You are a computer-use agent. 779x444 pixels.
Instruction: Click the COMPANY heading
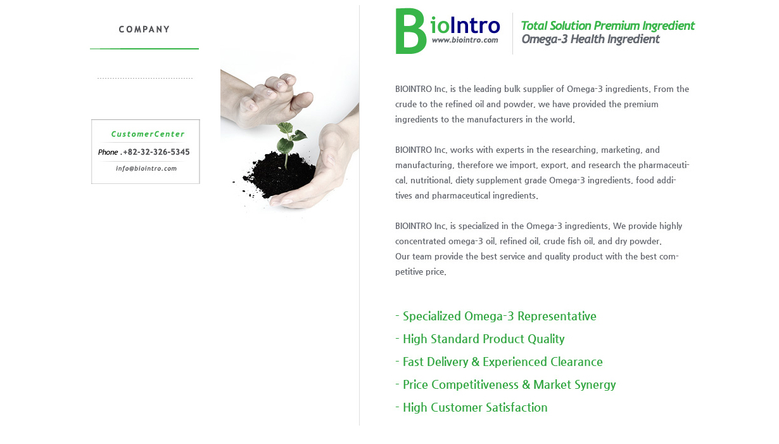click(x=144, y=29)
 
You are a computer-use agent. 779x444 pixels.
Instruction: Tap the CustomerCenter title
click(x=148, y=134)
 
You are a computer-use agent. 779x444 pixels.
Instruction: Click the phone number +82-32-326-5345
click(x=156, y=152)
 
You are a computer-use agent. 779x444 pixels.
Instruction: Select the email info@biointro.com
click(x=146, y=169)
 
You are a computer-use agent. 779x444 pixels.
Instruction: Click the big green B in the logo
click(x=410, y=31)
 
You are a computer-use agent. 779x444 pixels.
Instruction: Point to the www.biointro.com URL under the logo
click(x=465, y=40)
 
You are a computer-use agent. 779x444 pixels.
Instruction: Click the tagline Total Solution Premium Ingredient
click(x=607, y=26)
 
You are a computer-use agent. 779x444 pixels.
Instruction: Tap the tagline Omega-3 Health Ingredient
click(x=590, y=39)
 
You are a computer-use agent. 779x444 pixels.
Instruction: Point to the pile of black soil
click(x=278, y=176)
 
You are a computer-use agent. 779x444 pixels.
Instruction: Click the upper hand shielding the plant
click(x=266, y=99)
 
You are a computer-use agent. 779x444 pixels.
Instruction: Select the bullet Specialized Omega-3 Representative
click(x=496, y=317)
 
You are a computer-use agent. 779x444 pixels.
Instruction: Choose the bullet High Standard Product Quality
click(x=480, y=339)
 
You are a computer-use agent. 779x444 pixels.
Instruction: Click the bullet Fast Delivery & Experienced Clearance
click(x=499, y=362)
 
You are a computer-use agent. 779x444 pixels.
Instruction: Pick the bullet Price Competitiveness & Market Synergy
click(x=505, y=385)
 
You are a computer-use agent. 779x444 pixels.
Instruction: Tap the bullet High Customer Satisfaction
click(x=472, y=407)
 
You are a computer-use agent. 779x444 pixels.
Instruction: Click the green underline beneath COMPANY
click(x=144, y=49)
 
